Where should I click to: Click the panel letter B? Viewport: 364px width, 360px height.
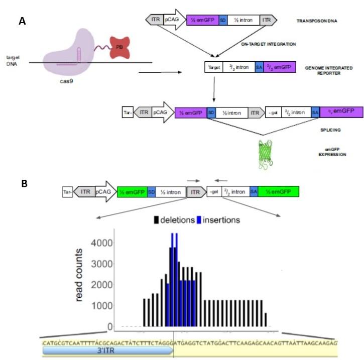[x=23, y=184]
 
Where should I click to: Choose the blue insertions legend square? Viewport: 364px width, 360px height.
[x=199, y=220]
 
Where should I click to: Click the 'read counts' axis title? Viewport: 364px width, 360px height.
[x=80, y=277]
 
